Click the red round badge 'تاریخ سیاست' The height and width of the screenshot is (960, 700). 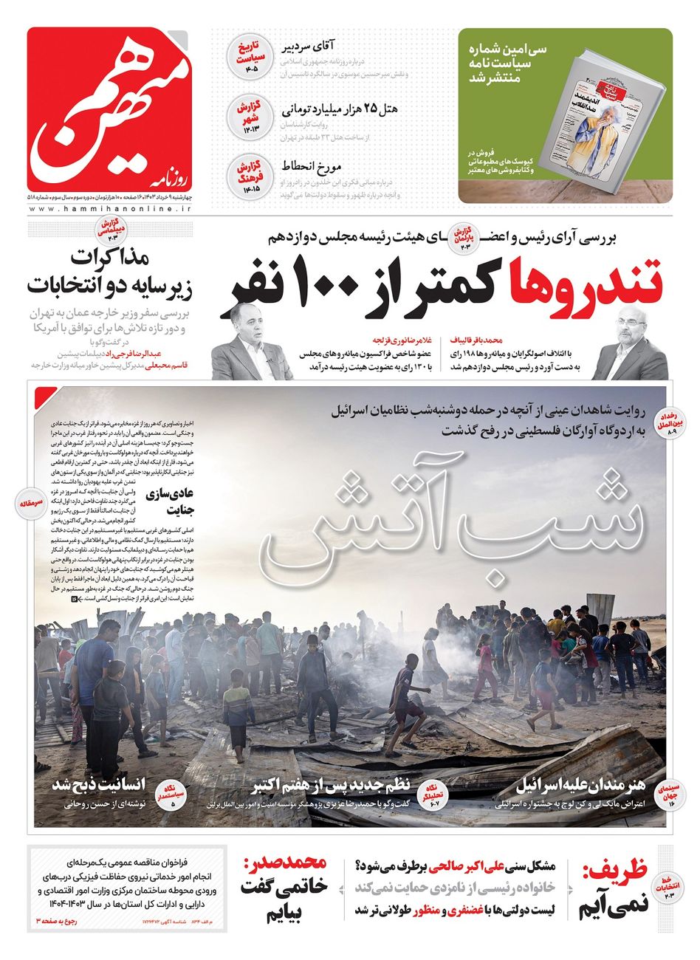click(x=244, y=58)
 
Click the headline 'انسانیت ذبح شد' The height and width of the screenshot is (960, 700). click(x=99, y=784)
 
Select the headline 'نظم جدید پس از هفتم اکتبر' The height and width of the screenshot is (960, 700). click(x=336, y=784)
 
